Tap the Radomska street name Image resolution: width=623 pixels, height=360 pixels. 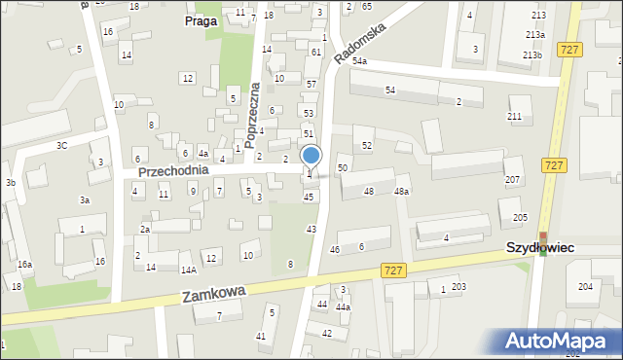click(x=359, y=44)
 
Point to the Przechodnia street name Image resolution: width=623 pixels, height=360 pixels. click(x=173, y=170)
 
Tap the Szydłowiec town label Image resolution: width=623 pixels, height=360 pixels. click(x=539, y=248)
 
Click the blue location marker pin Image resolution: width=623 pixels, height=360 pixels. click(x=311, y=157)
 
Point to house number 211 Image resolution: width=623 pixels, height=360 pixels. click(x=514, y=117)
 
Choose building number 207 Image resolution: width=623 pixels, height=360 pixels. click(x=512, y=180)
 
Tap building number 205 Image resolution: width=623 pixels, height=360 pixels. click(x=521, y=217)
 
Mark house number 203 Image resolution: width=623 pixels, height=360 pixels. click(x=458, y=286)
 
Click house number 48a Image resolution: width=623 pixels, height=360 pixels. click(x=401, y=192)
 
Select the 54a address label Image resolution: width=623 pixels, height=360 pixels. click(x=360, y=61)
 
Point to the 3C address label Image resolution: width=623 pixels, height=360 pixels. click(x=61, y=145)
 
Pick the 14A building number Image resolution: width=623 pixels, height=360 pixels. click(x=188, y=270)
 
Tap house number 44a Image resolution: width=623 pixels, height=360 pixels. click(x=343, y=306)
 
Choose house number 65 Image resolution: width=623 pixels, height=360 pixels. click(x=367, y=7)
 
